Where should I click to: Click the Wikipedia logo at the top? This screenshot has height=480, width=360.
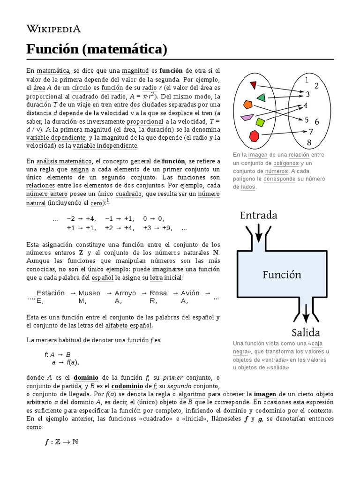[x=53, y=29]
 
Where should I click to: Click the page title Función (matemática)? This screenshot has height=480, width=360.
[x=97, y=49]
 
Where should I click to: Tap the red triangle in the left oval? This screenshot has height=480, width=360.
[x=254, y=85]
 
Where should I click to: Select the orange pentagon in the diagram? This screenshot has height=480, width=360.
[x=248, y=105]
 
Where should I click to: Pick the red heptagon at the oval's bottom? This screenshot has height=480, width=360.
[x=254, y=136]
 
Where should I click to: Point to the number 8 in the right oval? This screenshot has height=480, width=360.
[x=309, y=142]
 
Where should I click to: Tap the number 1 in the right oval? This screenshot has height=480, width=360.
[x=306, y=80]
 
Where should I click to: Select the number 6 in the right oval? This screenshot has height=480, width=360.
[x=317, y=122]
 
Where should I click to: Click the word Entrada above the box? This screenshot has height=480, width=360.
[x=258, y=215]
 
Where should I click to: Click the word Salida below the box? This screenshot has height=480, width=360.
[x=305, y=333]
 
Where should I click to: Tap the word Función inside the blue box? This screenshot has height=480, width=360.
[x=281, y=274]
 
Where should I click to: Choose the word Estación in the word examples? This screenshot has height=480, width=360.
[x=51, y=293]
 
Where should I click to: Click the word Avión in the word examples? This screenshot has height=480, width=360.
[x=190, y=293]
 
